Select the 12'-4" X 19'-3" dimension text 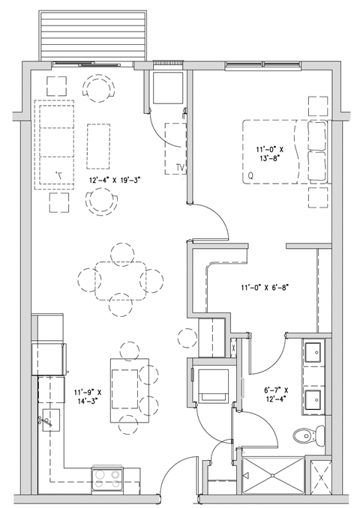pyautogui.click(x=115, y=180)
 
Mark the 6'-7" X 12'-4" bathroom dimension pyautogui.click(x=278, y=395)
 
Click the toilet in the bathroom pyautogui.click(x=307, y=433)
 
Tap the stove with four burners pyautogui.click(x=106, y=478)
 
